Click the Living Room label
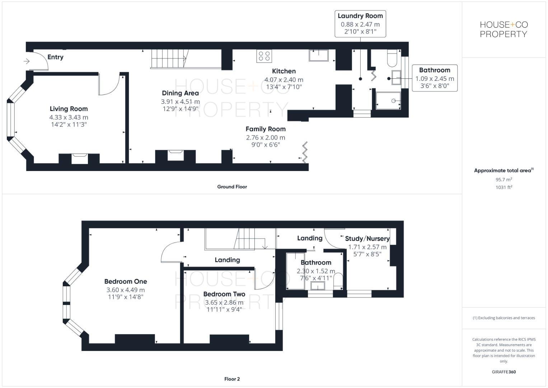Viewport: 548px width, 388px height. pyautogui.click(x=69, y=109)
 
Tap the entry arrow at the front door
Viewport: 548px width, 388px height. pyautogui.click(x=27, y=61)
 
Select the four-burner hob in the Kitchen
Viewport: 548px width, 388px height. pyautogui.click(x=264, y=56)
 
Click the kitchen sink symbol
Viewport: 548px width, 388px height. pyautogui.click(x=319, y=55)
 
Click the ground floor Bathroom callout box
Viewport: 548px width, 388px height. pyautogui.click(x=434, y=78)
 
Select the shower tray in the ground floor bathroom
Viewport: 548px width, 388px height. pyautogui.click(x=388, y=101)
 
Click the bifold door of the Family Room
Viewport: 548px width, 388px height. pyautogui.click(x=305, y=152)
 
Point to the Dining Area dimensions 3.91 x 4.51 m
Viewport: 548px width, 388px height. pyautogui.click(x=180, y=102)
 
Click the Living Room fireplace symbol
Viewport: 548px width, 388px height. pyautogui.click(x=79, y=158)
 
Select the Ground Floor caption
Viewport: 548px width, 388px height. pyautogui.click(x=232, y=187)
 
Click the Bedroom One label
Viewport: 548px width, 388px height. pyautogui.click(x=126, y=282)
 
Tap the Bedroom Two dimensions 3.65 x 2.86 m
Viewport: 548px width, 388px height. pyautogui.click(x=224, y=302)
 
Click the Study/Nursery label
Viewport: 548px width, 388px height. pyautogui.click(x=367, y=239)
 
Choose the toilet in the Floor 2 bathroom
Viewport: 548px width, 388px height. pyautogui.click(x=338, y=281)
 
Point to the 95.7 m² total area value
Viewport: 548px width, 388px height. pyautogui.click(x=503, y=179)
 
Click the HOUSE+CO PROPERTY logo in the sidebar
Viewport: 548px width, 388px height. pyautogui.click(x=503, y=29)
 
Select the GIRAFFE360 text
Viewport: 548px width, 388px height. pyautogui.click(x=503, y=372)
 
